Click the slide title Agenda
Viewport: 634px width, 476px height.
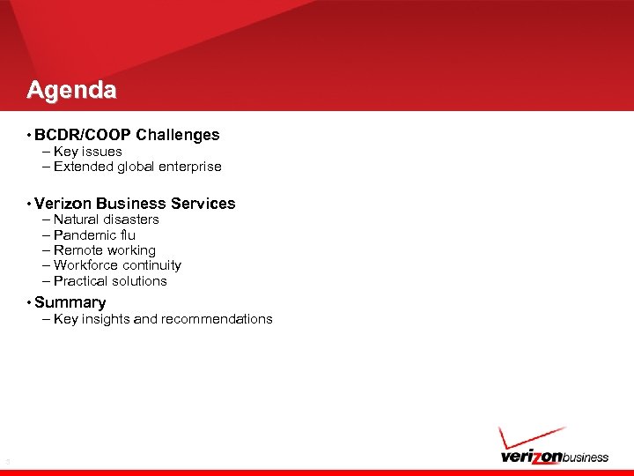pyautogui.click(x=71, y=90)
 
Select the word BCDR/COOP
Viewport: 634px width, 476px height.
pyautogui.click(x=83, y=135)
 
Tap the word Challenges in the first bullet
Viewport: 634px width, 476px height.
pyautogui.click(x=178, y=135)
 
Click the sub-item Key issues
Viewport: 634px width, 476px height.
pyautogui.click(x=87, y=152)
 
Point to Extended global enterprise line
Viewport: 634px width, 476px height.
pyautogui.click(x=136, y=167)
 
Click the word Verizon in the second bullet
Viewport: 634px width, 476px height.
pyautogui.click(x=63, y=204)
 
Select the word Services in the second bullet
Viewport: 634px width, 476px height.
pyautogui.click(x=203, y=204)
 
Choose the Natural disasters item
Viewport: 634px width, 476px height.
pyautogui.click(x=106, y=219)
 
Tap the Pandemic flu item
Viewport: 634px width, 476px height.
pyautogui.click(x=94, y=235)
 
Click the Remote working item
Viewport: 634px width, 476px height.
pyautogui.click(x=104, y=250)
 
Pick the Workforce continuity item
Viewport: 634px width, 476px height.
pyautogui.click(x=117, y=265)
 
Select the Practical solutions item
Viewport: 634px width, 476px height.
pyautogui.click(x=110, y=281)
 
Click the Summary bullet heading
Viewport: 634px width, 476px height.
pyautogui.click(x=70, y=302)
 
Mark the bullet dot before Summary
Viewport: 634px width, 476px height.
pyautogui.click(x=29, y=303)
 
